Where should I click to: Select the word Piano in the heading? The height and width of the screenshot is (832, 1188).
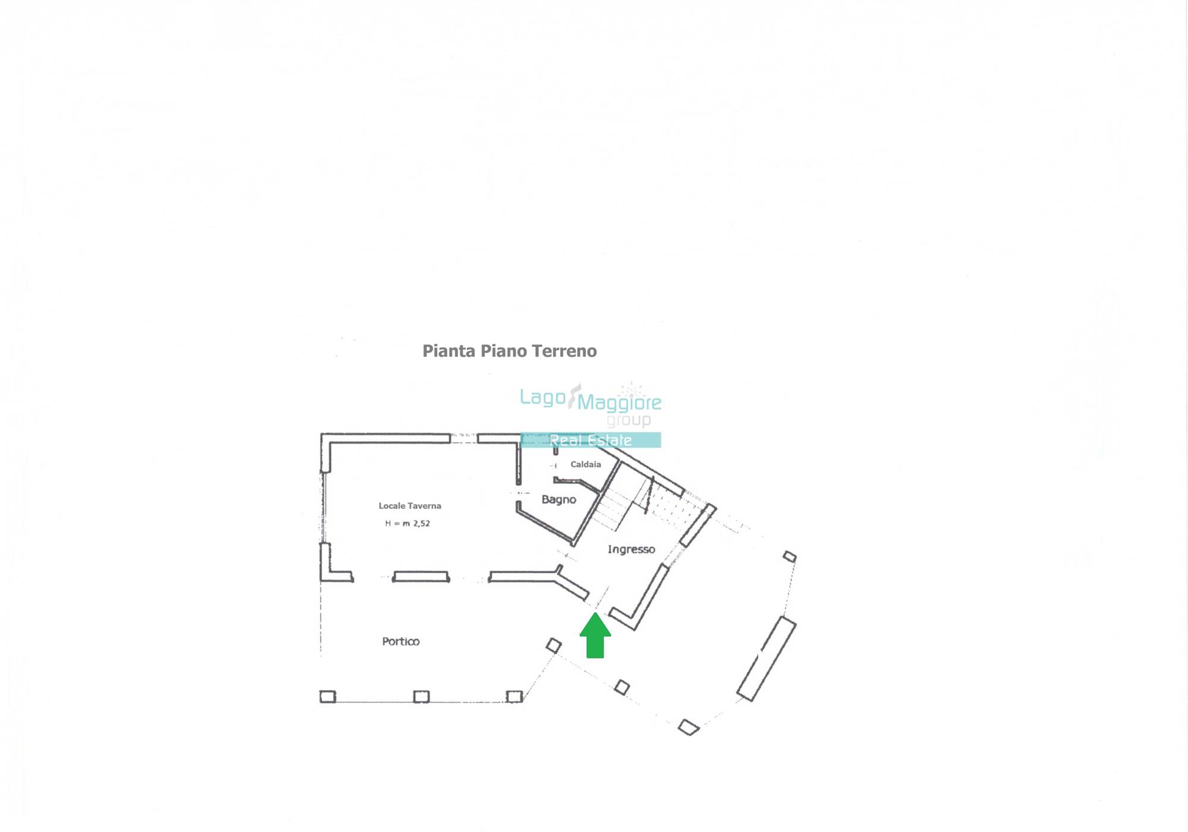pos(504,351)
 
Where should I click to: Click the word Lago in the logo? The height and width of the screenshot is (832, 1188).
pos(542,398)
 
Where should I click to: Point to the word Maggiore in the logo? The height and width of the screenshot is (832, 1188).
pos(620,403)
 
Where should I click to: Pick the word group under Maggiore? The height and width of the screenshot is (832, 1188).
pos(628,420)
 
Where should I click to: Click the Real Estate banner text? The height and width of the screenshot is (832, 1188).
pos(590,440)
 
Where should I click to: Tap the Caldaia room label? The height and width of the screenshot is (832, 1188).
pos(586,464)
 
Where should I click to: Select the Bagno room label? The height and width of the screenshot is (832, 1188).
pos(559,499)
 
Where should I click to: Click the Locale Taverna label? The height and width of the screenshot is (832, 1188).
pos(410,506)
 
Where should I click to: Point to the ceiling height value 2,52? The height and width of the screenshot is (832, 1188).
pos(422,523)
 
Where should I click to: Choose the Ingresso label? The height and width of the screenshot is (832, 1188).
pos(631,549)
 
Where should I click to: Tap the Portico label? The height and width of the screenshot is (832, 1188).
pos(401,641)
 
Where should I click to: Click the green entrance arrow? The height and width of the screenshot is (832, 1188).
pos(595,635)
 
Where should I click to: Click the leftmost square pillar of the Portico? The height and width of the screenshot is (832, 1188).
pos(328,697)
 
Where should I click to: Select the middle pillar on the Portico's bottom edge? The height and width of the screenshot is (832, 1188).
pos(421,697)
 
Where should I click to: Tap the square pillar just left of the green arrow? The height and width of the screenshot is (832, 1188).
pos(554,646)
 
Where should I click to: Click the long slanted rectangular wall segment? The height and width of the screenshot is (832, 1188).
pos(766,659)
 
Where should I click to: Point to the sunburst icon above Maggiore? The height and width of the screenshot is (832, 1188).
pos(631,390)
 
